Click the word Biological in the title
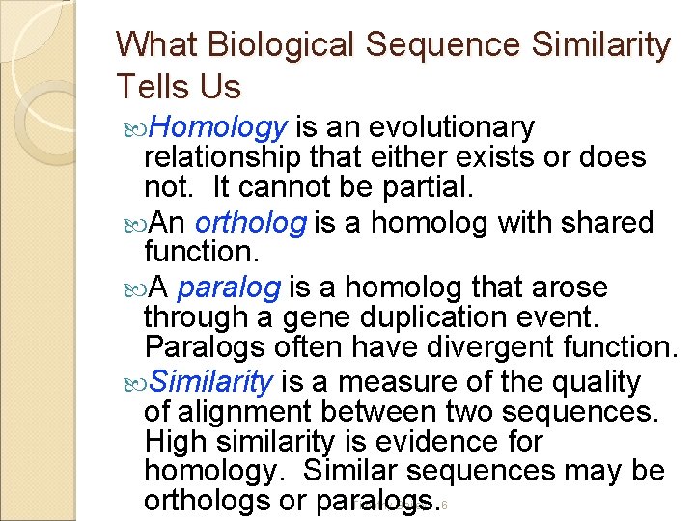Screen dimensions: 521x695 pos(263,44)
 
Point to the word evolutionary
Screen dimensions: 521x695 pos(453,127)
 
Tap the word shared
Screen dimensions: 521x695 pos(607,223)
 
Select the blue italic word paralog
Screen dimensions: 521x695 pos(229,288)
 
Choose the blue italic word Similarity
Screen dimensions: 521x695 pos(212,382)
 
